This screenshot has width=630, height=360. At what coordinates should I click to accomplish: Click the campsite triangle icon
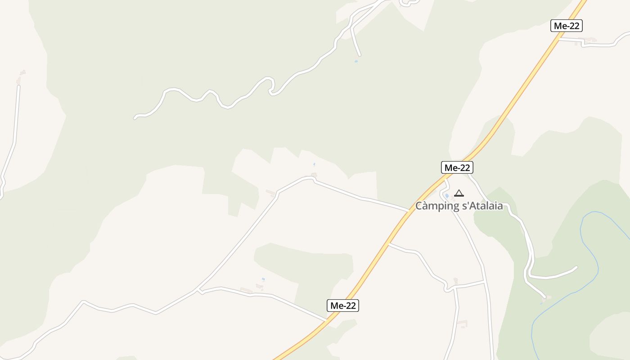[459, 193]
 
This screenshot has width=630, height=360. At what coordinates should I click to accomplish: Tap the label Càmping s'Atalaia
[459, 206]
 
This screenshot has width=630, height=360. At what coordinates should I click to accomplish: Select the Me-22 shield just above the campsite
[457, 168]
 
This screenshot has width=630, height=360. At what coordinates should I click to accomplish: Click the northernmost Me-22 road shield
[566, 26]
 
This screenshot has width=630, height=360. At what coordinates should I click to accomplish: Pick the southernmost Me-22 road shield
[342, 306]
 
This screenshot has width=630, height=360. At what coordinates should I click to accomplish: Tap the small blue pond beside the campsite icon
[447, 196]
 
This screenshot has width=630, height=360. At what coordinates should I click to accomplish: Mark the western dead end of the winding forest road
[135, 118]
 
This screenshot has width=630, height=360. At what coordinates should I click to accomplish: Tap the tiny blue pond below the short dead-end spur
[356, 61]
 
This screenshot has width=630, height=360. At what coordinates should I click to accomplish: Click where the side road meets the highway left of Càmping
[409, 210]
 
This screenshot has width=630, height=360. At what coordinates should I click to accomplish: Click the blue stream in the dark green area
[589, 252]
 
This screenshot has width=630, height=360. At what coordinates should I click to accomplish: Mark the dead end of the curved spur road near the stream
[576, 267]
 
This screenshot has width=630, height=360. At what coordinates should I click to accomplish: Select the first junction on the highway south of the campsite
[389, 244]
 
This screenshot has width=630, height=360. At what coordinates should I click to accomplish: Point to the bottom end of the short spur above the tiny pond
[360, 55]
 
